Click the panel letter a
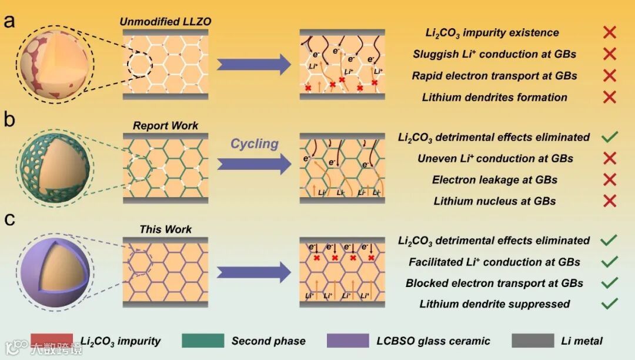[9, 22]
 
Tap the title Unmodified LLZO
[165, 22]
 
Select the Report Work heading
[165, 125]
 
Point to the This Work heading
[165, 229]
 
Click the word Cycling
[254, 144]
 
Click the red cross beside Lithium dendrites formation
[610, 97]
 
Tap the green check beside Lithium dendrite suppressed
[610, 304]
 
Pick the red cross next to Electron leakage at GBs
[610, 179]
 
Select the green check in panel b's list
[610, 138]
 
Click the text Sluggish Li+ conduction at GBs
[494, 54]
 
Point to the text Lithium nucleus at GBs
[494, 201]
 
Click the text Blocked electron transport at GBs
[494, 283]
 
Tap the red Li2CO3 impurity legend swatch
[52, 340]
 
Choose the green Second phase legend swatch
[203, 340]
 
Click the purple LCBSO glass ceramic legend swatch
[349, 340]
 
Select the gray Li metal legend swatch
[533, 340]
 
